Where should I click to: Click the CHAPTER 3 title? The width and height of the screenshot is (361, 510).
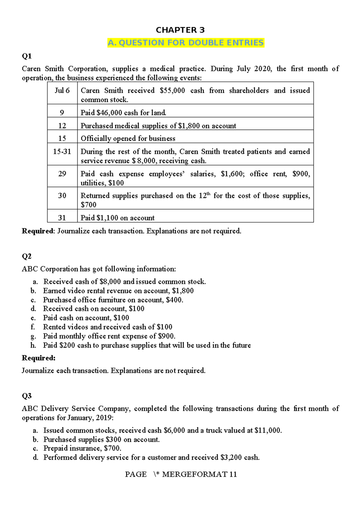180,30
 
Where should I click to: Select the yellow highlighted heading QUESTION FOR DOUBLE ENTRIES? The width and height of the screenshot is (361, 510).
186,43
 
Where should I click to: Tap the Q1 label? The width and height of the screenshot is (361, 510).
26,56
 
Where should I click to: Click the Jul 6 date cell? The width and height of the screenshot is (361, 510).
62,91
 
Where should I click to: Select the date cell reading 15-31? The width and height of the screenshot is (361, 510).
62,152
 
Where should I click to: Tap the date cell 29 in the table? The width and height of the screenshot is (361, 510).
62,174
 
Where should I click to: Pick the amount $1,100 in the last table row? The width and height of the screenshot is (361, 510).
107,218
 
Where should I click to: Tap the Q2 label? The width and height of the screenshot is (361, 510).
26,256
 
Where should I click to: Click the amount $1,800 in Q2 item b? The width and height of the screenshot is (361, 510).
183,291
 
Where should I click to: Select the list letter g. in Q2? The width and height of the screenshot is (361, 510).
33,336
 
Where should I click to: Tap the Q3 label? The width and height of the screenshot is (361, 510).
26,396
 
